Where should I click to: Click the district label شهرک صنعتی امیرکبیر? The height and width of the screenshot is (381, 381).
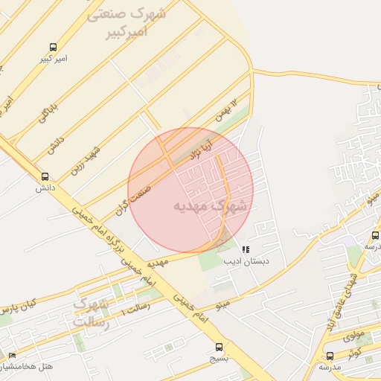126,23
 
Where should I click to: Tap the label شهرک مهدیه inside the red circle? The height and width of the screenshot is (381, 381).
210,206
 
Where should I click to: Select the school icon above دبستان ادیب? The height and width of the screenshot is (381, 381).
246,249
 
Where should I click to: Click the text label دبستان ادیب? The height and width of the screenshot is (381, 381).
252,262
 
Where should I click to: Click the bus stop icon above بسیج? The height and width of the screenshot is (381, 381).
219,347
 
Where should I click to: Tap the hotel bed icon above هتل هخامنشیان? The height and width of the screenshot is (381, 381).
11,356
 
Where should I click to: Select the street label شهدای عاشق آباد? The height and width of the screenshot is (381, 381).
345,289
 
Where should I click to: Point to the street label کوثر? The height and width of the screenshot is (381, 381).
354,350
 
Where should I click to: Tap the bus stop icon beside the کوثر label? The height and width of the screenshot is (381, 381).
330,356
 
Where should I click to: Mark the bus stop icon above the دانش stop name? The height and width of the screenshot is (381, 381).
45,176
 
